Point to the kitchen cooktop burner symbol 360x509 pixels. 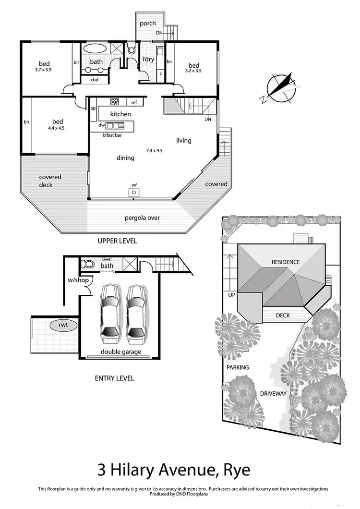click(x=115, y=102)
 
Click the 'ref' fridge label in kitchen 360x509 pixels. click(x=134, y=102)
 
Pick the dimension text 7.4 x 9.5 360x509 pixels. click(x=154, y=150)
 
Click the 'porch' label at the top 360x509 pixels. click(x=148, y=24)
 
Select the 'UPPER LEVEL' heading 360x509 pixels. click(x=118, y=241)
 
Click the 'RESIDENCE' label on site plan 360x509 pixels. click(x=286, y=262)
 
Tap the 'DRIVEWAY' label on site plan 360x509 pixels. click(x=273, y=393)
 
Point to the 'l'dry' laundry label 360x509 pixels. click(x=148, y=60)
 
